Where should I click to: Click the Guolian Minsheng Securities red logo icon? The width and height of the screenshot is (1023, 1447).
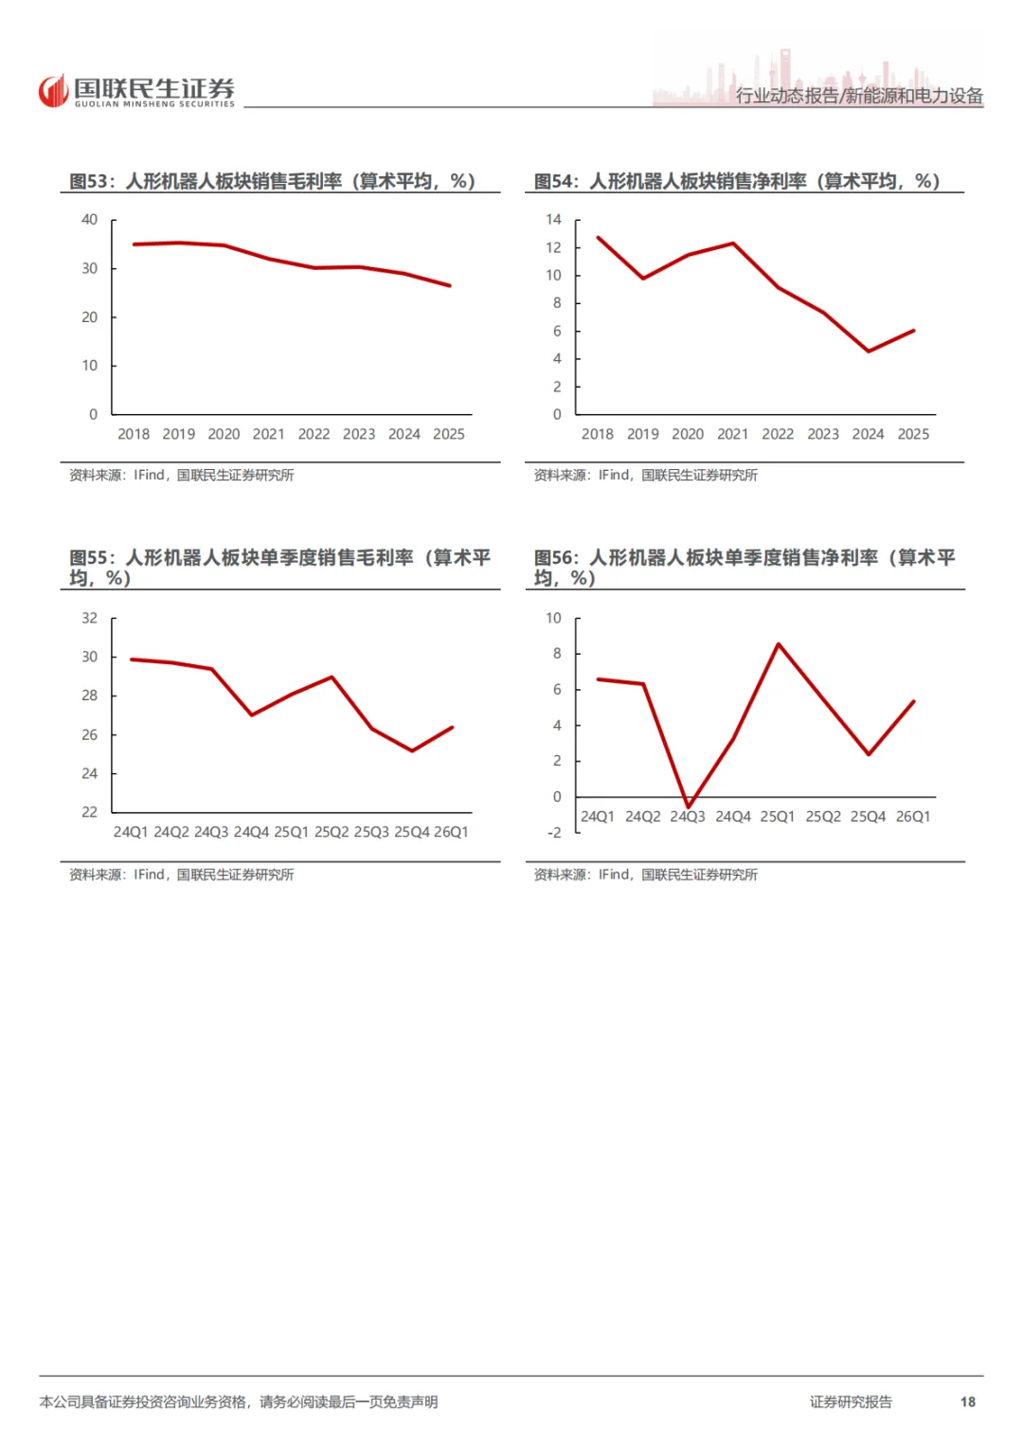point(54,90)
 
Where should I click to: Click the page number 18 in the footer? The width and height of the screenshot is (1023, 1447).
point(967,1402)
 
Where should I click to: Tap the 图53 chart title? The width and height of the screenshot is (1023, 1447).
point(272,181)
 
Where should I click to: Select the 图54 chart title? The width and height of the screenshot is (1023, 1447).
point(736,181)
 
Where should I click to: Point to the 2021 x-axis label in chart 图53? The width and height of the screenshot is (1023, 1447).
point(269,434)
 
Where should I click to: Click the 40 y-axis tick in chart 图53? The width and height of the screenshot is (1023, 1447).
point(89,220)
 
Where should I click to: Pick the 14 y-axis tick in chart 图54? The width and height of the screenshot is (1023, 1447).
point(553,220)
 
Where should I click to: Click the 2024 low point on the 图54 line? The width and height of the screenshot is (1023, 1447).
point(869,351)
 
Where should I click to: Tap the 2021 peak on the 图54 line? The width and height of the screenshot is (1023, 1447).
point(734,243)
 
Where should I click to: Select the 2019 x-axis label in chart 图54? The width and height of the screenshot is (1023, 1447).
point(642,434)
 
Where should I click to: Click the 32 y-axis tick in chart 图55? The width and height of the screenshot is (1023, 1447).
point(89,618)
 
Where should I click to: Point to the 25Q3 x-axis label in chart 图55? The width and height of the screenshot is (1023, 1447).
point(371,832)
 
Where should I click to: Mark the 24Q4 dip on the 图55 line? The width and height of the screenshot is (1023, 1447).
point(251,714)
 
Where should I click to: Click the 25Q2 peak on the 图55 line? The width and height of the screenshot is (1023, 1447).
point(332,677)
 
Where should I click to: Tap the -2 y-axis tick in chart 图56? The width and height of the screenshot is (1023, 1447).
point(554,833)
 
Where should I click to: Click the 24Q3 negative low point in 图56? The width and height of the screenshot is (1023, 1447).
point(689,806)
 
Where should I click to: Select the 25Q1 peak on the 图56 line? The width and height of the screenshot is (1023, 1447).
point(779,644)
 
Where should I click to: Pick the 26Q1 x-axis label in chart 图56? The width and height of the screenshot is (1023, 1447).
point(912,817)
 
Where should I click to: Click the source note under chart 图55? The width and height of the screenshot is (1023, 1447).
point(182,875)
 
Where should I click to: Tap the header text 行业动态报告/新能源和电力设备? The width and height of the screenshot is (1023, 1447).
point(859,96)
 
